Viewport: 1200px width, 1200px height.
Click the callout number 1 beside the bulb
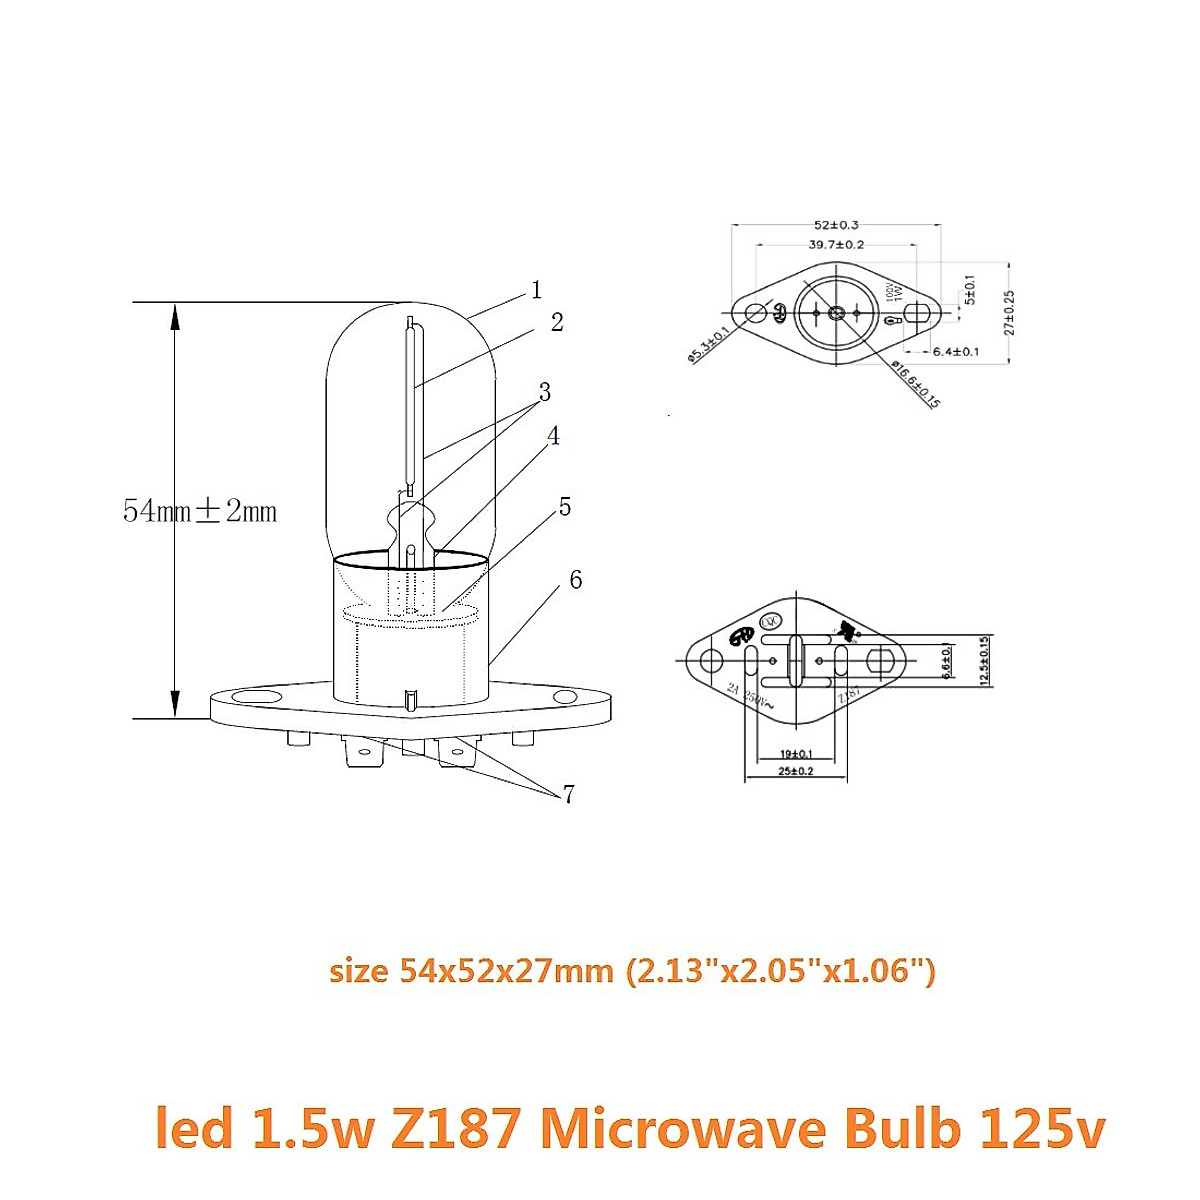point(537,290)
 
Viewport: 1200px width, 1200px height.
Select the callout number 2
point(557,322)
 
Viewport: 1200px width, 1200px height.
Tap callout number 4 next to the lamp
point(552,436)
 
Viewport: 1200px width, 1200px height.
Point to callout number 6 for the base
point(575,580)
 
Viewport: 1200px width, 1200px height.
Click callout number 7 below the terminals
point(568,795)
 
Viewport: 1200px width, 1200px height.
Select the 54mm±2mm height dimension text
point(200,511)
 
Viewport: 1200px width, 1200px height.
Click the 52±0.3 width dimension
point(836,225)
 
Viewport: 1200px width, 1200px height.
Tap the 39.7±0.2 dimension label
point(836,245)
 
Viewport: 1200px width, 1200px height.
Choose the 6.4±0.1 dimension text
point(955,351)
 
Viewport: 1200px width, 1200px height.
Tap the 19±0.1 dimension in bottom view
point(795,753)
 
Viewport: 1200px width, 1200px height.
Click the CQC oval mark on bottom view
point(771,621)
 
